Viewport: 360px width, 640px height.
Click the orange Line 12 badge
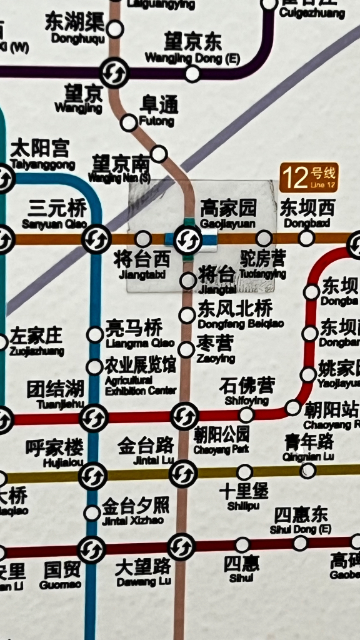click(309, 177)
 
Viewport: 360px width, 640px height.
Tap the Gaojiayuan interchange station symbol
click(187, 239)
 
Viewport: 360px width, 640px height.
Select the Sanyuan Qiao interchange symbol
click(96, 239)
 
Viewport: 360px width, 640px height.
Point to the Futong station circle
click(129, 122)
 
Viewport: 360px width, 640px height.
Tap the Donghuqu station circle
click(115, 29)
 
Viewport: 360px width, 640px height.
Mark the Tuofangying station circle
click(264, 238)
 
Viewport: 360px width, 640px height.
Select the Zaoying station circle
click(186, 350)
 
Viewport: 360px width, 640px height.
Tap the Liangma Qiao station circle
click(95, 335)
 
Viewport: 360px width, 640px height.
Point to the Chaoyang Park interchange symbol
click(185, 416)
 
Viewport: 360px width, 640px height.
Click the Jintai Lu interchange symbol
click(183, 473)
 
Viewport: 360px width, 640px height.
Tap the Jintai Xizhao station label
click(135, 511)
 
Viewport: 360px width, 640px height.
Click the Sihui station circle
click(242, 545)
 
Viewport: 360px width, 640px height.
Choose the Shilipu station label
click(244, 496)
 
